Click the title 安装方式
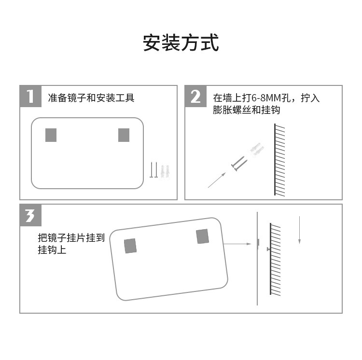coord(181,43)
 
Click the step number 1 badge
coord(30,96)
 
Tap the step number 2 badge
coord(195,96)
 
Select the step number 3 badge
coord(30,215)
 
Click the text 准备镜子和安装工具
coord(91,98)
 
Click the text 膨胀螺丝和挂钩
coord(247,110)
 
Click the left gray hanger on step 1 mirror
coord(51,135)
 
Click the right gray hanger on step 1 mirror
coord(124,135)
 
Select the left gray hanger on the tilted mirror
coord(130,246)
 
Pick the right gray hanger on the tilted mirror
coord(202,236)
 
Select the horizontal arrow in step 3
coord(238,244)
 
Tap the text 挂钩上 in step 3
coord(52,250)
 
